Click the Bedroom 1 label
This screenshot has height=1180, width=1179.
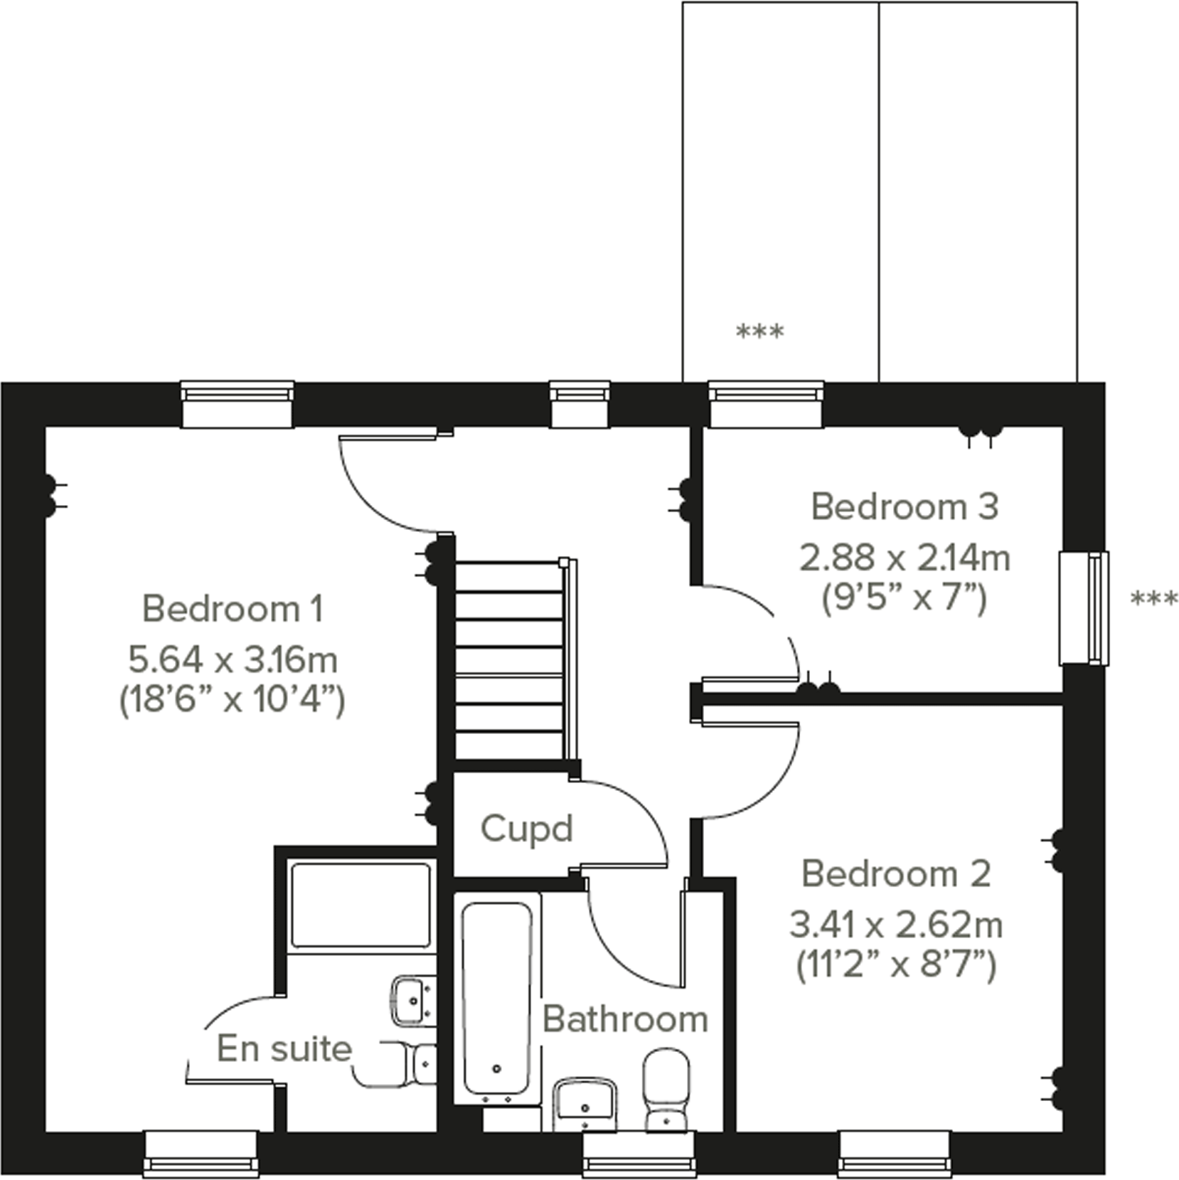point(233,609)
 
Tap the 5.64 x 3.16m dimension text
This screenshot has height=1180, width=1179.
point(233,660)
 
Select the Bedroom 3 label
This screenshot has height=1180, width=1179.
point(905,507)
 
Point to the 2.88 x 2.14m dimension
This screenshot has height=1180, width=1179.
point(905,558)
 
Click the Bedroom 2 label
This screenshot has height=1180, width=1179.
point(896,874)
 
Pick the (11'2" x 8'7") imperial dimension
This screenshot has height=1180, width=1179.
point(896,966)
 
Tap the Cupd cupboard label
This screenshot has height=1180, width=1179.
point(526,829)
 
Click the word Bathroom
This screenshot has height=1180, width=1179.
point(625,1019)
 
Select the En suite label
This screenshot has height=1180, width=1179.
point(284,1048)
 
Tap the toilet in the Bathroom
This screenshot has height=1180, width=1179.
point(666,1089)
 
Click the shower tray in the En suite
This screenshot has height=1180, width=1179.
point(361,905)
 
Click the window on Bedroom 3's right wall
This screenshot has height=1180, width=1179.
point(1084,608)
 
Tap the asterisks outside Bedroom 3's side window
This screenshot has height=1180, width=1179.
point(1153,600)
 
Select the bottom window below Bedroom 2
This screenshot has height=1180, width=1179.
point(894,1153)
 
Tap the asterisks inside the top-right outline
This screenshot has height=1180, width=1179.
point(759,331)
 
